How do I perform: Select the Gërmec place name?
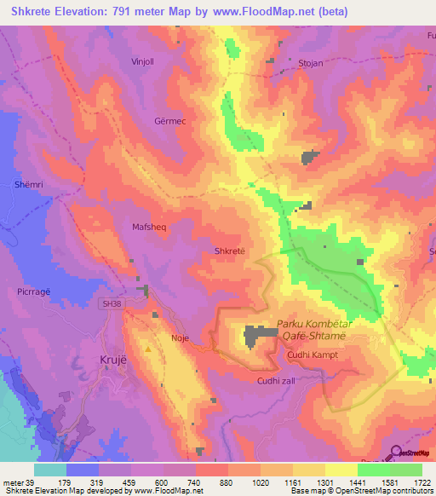pyautogui.click(x=169, y=121)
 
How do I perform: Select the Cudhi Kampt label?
pyautogui.click(x=313, y=353)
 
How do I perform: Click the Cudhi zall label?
pyautogui.click(x=276, y=381)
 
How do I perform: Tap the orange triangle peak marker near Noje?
pyautogui.click(x=148, y=348)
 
